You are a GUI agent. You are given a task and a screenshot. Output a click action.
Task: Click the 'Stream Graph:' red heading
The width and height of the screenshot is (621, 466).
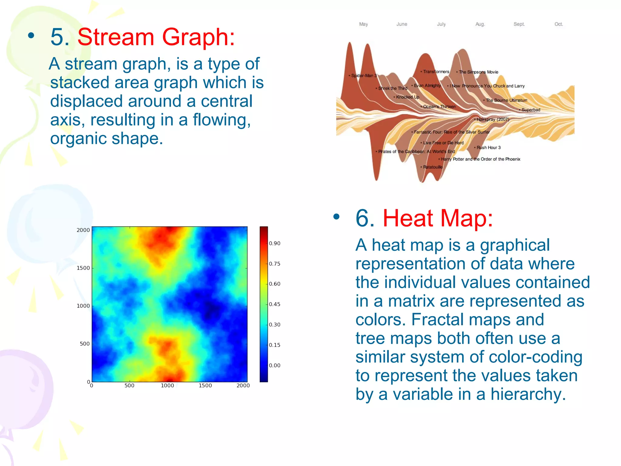pyautogui.click(x=156, y=37)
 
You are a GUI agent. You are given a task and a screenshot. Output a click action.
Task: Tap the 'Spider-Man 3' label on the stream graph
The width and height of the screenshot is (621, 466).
pyautogui.click(x=364, y=76)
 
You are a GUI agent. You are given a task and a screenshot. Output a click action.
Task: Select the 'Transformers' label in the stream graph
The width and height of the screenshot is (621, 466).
pyautogui.click(x=436, y=72)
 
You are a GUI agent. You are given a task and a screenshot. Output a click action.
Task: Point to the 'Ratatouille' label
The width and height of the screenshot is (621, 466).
pyautogui.click(x=433, y=167)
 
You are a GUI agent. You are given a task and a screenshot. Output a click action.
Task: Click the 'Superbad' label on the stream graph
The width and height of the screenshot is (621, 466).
pyautogui.click(x=531, y=110)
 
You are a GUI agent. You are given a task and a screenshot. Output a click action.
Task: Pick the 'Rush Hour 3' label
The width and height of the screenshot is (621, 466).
pyautogui.click(x=488, y=147)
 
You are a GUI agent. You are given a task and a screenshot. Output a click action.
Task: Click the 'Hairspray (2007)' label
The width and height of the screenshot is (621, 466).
pyautogui.click(x=493, y=119)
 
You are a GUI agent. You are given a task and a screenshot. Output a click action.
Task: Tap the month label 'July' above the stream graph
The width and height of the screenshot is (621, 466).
pyautogui.click(x=441, y=24)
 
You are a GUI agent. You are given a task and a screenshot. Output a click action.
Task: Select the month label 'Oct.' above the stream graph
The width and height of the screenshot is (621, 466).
pyautogui.click(x=559, y=24)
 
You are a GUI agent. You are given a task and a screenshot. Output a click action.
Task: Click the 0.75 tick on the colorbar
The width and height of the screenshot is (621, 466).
pyautogui.click(x=274, y=264)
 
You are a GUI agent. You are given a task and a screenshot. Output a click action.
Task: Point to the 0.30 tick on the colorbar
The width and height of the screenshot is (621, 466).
pyautogui.click(x=274, y=325)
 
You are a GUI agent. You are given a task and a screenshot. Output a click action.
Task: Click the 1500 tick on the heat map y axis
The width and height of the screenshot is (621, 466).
pyautogui.click(x=83, y=268)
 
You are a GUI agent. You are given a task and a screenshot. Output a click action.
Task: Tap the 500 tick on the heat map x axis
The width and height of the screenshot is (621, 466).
pyautogui.click(x=129, y=386)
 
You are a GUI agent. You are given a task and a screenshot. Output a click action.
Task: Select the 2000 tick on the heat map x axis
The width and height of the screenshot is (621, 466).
pyautogui.click(x=243, y=386)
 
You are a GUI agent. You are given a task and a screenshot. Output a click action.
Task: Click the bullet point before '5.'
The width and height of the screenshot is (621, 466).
pyautogui.click(x=31, y=36)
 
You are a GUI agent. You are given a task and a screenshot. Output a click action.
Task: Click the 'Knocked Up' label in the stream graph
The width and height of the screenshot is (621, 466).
pyautogui.click(x=407, y=97)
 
